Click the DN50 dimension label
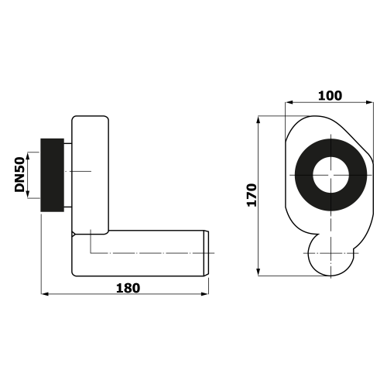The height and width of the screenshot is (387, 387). click(19, 175)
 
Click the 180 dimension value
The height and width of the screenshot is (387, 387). click(128, 288)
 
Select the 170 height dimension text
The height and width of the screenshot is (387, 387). click(252, 195)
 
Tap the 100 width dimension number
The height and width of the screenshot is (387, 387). click(330, 96)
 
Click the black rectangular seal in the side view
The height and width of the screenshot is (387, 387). click(53, 175)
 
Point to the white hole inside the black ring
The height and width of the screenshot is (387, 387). click(331, 175)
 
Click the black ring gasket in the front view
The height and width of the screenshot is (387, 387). click(304, 175)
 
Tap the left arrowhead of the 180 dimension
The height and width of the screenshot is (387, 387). click(45, 293)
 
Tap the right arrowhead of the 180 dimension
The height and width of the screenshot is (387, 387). click(205, 293)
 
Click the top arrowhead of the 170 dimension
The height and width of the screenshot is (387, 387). click(259, 120)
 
